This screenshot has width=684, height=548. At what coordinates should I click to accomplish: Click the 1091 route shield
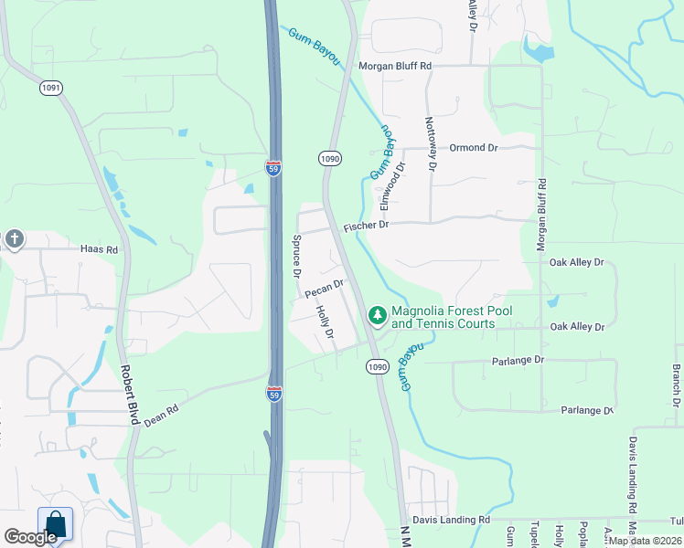[50, 88]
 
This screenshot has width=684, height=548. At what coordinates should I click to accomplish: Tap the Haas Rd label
[99, 248]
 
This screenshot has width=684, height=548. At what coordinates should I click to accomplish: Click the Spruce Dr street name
[296, 259]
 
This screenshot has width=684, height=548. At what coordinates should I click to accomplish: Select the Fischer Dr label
[367, 224]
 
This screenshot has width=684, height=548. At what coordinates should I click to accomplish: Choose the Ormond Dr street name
[473, 147]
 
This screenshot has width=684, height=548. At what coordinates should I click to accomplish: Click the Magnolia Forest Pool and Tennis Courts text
[452, 317]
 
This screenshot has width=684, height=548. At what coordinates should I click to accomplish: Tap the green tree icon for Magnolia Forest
[376, 315]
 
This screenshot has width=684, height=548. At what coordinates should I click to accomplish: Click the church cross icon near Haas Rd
[14, 239]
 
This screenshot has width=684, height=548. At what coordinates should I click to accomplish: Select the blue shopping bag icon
[55, 524]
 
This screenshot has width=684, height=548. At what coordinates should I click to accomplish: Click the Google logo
[30, 537]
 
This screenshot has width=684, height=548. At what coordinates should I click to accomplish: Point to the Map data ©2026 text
[644, 541]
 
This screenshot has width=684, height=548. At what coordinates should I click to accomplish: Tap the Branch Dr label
[676, 386]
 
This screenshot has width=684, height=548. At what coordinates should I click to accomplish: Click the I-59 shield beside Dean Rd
[273, 394]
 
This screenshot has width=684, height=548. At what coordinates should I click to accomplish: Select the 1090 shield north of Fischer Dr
[330, 158]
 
